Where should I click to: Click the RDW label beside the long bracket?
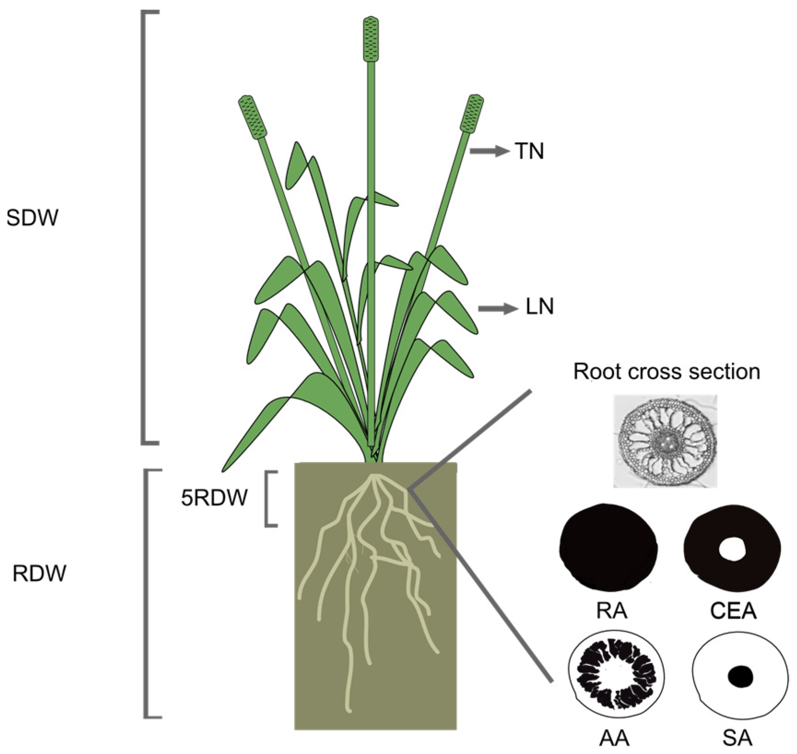click(40, 574)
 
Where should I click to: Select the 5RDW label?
click(214, 497)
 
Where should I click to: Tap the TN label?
click(529, 151)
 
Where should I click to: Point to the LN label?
click(539, 307)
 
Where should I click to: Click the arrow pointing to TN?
click(489, 151)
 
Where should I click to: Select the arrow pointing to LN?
click(498, 308)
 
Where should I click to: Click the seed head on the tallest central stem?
click(371, 39)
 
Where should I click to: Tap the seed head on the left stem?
click(253, 117)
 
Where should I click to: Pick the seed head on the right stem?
click(472, 114)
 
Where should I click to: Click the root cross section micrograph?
click(665, 441)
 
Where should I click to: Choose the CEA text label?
click(733, 611)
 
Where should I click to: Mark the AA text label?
click(614, 739)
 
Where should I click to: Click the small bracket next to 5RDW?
click(270, 498)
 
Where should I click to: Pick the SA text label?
click(738, 739)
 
